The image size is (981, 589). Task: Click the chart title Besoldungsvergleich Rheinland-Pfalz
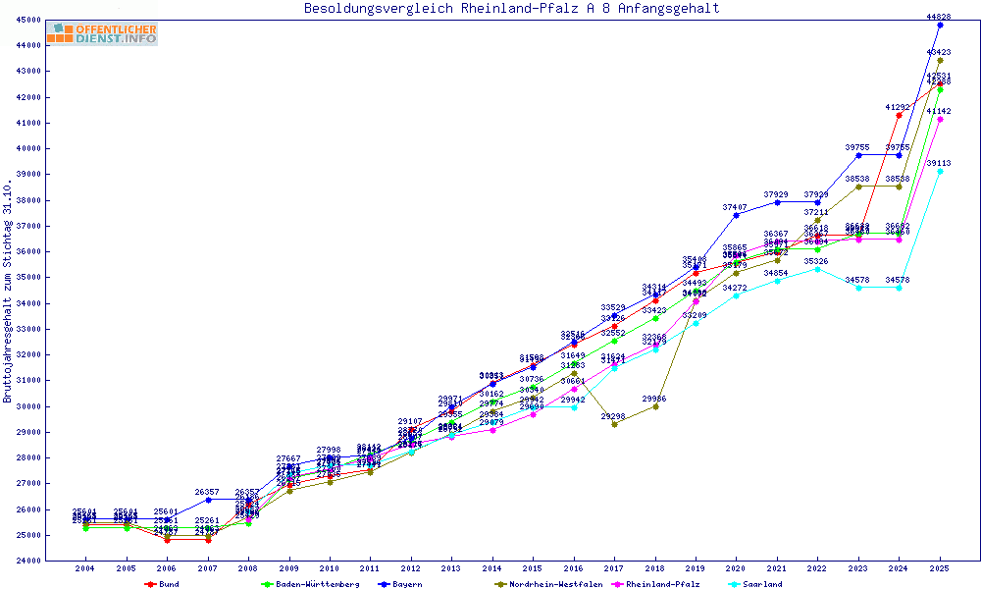[x=511, y=8]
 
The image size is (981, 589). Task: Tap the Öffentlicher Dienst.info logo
[x=102, y=33]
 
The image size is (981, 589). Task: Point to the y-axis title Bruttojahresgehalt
[x=8, y=291]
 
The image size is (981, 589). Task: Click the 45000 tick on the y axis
[x=27, y=20]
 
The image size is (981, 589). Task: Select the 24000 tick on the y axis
[x=27, y=561]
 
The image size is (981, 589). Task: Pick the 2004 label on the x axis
[x=85, y=568]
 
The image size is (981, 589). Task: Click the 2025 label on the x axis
[x=940, y=568]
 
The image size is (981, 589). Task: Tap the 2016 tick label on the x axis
[x=574, y=568]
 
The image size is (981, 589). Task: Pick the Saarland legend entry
[x=761, y=584]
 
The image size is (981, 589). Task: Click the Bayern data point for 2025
[x=940, y=25]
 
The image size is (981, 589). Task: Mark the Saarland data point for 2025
[x=940, y=171]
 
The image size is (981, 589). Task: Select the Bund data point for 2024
[x=899, y=115]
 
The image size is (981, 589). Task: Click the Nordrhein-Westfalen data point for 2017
[x=614, y=424]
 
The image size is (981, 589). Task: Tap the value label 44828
[x=939, y=17]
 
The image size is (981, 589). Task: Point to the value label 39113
[x=939, y=163]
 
